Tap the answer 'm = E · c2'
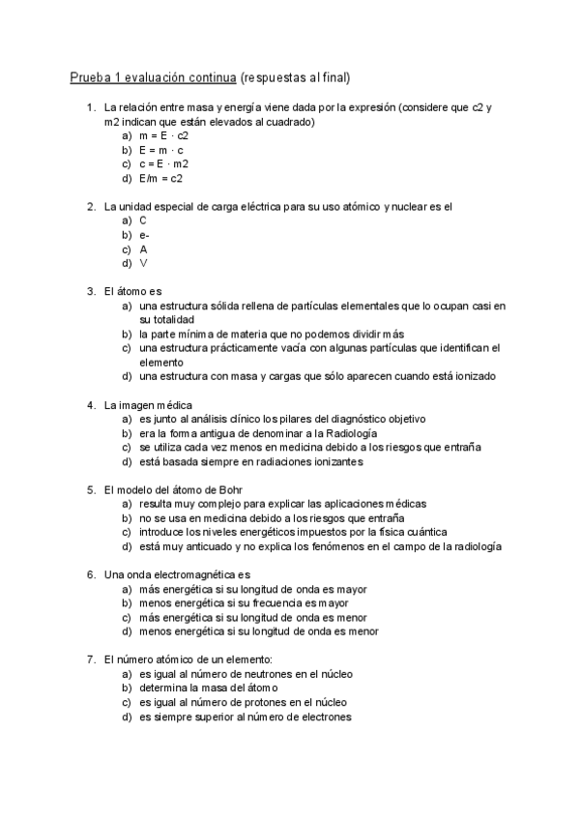pos(164,136)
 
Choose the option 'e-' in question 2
pos(144,235)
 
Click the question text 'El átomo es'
pos(133,291)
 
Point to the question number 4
pos(91,404)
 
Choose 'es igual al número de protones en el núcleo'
pos(244,702)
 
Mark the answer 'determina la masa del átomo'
pos(208,688)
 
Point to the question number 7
pos(91,659)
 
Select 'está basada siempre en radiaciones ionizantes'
pos(250,461)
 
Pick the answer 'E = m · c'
pos(161,150)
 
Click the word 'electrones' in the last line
pos(324,717)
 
